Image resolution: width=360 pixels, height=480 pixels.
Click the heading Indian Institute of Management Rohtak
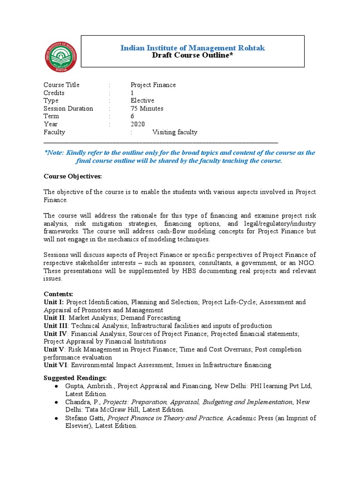pos(193,47)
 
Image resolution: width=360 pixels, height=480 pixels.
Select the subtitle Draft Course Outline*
pos(192,55)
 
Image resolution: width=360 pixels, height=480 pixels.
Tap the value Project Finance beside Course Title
pos(153,85)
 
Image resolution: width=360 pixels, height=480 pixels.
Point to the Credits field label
pos(54,93)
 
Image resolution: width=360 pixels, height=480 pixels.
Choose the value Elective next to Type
pos(142,101)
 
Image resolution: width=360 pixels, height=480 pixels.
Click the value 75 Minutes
pos(147,109)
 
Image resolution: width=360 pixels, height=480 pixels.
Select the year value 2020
pos(138,124)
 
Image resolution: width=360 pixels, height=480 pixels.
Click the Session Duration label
pos(68,109)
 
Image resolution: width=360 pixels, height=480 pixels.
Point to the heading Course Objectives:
pos(72,176)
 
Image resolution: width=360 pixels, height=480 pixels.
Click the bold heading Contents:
pos(59,294)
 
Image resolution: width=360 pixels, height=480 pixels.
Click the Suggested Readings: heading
pos(75,378)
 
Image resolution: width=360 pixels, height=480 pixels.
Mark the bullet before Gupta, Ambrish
pos(56,386)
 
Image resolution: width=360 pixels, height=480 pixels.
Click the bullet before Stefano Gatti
pos(56,418)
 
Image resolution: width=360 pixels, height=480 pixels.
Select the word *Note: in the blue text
pos(54,153)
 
